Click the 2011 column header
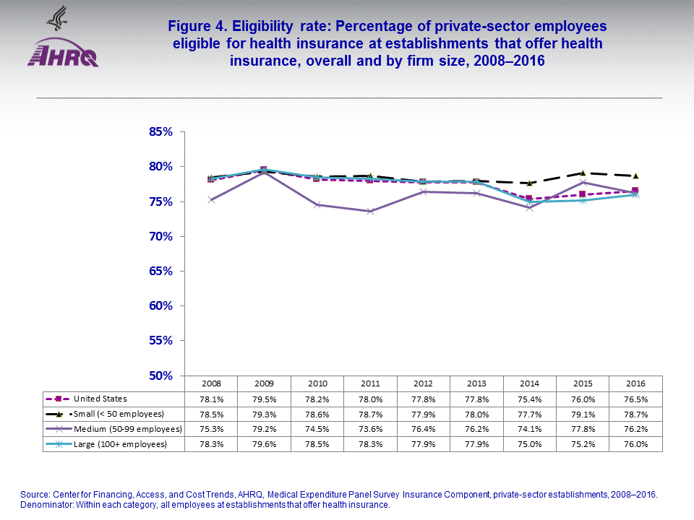click(x=370, y=383)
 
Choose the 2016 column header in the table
click(x=636, y=383)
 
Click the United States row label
click(x=100, y=399)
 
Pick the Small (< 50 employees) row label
click(x=116, y=414)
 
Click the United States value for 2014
click(x=530, y=399)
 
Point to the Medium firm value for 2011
click(x=370, y=429)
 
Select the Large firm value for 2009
click(x=264, y=444)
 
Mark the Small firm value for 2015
click(x=583, y=414)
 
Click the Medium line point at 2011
click(x=370, y=211)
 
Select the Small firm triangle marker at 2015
click(x=583, y=173)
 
